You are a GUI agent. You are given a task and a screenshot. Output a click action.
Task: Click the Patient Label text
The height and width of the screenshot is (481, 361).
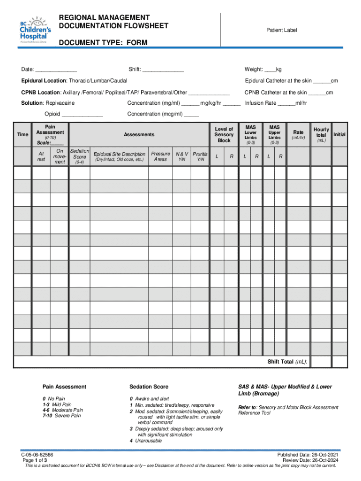click(282, 30)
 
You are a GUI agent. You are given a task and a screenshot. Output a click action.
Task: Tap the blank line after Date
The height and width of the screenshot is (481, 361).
click(56, 70)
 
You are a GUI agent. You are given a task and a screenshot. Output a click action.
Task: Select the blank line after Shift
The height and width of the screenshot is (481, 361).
click(163, 70)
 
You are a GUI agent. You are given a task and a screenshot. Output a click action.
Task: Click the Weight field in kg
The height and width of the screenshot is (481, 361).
click(270, 70)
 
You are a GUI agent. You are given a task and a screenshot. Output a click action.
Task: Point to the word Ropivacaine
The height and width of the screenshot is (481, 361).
click(60, 103)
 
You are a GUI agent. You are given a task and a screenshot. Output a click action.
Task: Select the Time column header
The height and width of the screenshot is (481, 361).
click(23, 135)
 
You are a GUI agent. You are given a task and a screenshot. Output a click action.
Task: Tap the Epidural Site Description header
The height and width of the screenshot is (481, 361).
click(120, 154)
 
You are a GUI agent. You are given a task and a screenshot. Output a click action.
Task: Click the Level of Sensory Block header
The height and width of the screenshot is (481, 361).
click(224, 135)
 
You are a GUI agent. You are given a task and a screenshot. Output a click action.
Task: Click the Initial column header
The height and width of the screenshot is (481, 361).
click(339, 135)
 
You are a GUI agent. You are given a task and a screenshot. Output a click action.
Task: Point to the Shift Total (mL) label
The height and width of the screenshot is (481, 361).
click(287, 362)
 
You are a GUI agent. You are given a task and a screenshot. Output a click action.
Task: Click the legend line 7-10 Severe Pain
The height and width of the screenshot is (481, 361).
click(61, 416)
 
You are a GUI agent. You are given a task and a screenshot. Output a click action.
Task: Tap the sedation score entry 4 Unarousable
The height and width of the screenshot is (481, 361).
click(146, 441)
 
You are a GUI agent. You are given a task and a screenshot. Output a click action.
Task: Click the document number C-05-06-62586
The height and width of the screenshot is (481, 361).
click(37, 455)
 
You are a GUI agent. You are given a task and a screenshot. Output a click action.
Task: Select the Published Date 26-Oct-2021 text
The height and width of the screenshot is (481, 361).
click(308, 455)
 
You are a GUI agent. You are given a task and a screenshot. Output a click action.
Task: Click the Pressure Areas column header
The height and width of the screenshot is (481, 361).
click(160, 156)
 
